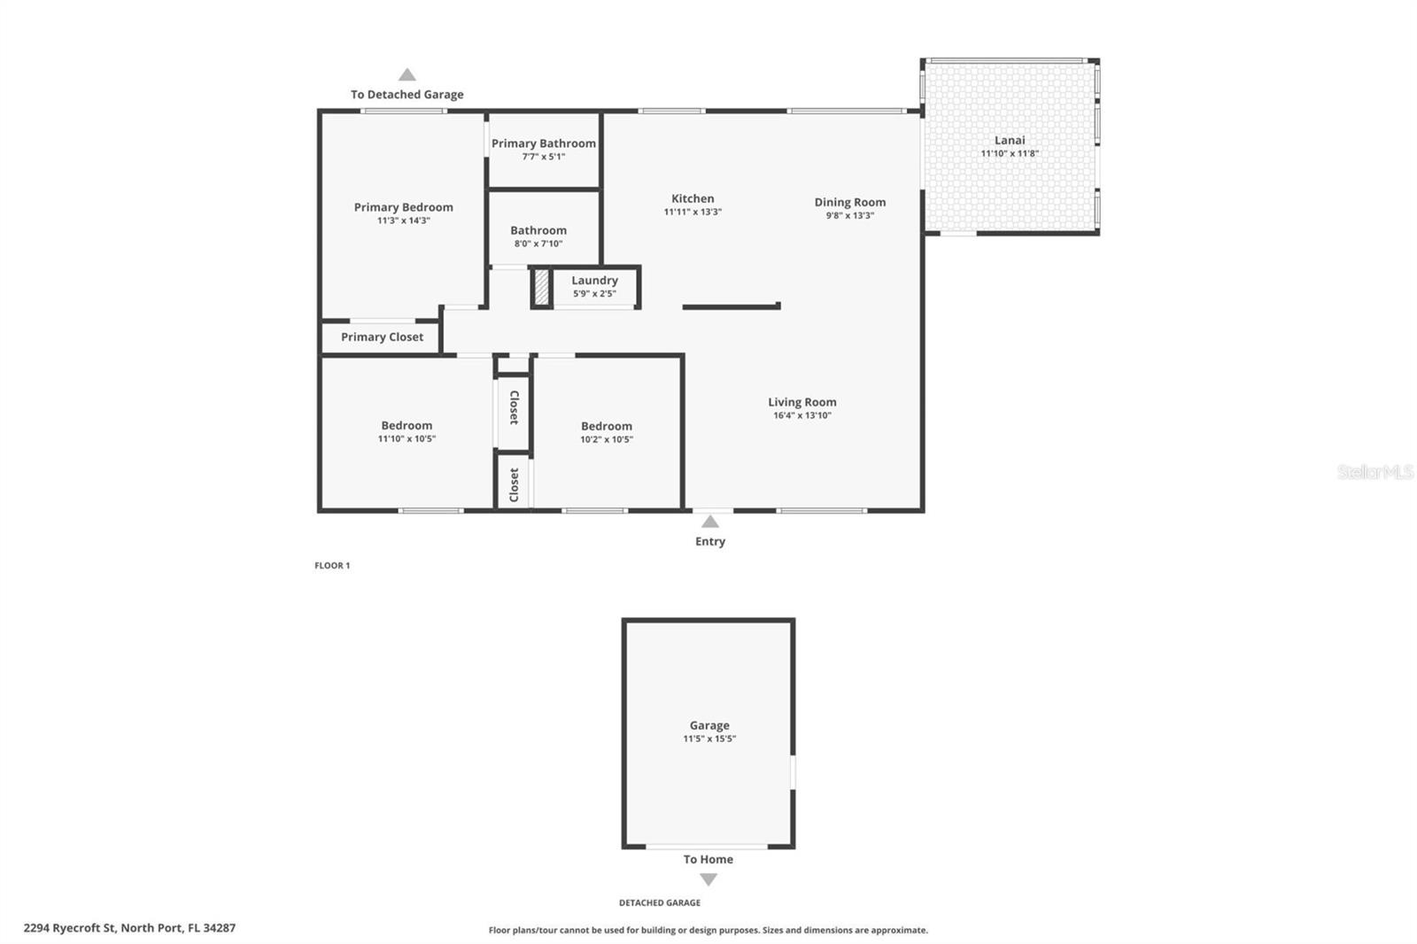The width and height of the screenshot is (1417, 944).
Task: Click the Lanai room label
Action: pos(1010,140)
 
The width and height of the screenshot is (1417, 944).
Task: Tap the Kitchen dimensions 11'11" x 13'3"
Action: pos(693,213)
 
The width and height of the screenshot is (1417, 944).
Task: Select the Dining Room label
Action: pos(849,202)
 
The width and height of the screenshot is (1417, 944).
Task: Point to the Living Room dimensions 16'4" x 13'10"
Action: pos(801,415)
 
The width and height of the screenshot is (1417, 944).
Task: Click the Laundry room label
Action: pos(594,281)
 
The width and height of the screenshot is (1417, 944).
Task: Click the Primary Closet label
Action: pos(382,337)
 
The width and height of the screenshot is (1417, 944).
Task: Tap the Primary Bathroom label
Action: pos(543,143)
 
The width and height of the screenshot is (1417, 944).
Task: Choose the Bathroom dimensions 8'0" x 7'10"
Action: pos(538,244)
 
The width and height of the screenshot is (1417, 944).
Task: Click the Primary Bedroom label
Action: pos(403,207)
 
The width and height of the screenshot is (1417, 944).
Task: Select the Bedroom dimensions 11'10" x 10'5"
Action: pos(407,439)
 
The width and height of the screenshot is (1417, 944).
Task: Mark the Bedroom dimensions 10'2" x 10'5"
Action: pos(606,440)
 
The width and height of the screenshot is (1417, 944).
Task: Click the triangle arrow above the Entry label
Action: pos(710,522)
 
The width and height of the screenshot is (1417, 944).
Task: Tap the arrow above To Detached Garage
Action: pos(407,75)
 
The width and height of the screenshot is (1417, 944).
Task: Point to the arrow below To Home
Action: pos(708,879)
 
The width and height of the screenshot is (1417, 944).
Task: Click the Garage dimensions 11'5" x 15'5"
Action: pos(709,739)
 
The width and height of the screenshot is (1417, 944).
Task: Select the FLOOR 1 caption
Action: pos(332,566)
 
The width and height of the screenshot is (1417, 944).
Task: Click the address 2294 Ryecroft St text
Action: pos(129,928)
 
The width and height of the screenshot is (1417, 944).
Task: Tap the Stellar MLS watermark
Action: pos(1374,472)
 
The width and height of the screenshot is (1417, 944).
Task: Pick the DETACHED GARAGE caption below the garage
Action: pos(659,903)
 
